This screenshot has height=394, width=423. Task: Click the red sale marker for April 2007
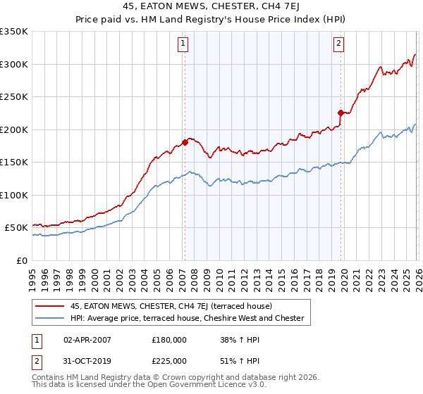click(x=185, y=142)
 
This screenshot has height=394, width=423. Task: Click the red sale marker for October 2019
click(x=341, y=113)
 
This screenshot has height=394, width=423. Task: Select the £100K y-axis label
click(x=14, y=195)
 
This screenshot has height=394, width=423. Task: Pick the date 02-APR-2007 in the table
click(x=87, y=340)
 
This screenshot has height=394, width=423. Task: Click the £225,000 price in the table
click(x=169, y=360)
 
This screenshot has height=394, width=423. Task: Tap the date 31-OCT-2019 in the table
click(x=87, y=360)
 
